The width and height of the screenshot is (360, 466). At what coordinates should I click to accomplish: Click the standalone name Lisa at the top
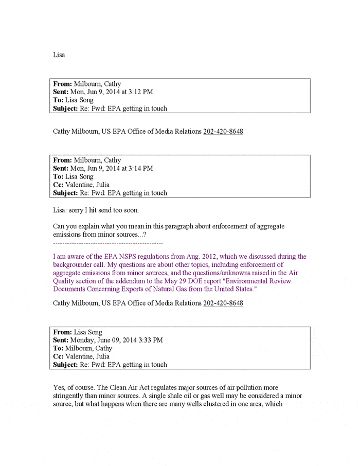pyautogui.click(x=59, y=55)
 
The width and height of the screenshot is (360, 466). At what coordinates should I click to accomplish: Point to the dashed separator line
pyautogui.click(x=108, y=242)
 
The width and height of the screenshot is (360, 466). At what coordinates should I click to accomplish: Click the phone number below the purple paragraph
pyautogui.click(x=223, y=303)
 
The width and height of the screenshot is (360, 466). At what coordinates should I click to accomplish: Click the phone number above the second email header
pyautogui.click(x=223, y=131)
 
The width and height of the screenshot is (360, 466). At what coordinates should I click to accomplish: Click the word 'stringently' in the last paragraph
pyautogui.click(x=70, y=396)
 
